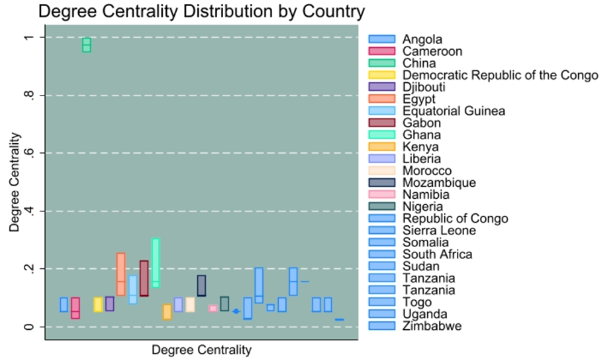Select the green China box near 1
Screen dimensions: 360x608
[87, 45]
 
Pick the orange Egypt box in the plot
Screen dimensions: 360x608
[121, 274]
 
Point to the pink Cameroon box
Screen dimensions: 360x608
[75, 308]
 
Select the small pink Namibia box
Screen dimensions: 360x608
[213, 309]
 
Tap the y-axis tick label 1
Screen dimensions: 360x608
[27, 38]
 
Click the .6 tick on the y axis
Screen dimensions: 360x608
[27, 153]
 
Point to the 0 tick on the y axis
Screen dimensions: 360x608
[27, 327]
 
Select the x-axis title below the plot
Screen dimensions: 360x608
[202, 350]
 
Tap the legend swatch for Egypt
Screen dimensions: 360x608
[382, 99]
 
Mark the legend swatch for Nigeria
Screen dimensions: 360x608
[382, 207]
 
